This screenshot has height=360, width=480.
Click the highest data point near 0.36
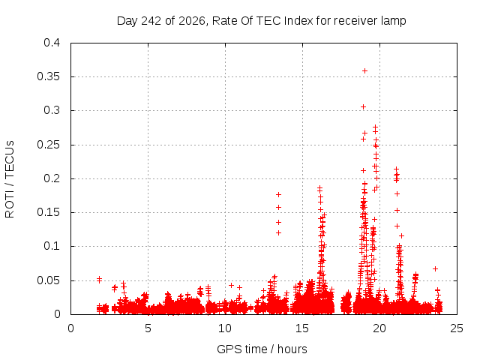point(364,71)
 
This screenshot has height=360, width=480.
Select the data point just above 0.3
point(363,106)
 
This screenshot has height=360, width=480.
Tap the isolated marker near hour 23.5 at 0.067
point(435,268)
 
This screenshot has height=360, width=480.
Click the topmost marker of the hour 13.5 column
point(278,195)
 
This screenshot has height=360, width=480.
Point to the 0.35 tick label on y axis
point(48,76)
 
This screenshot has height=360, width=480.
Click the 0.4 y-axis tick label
point(52,43)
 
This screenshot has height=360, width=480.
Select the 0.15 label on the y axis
point(48,212)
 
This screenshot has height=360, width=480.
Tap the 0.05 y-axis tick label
point(48,280)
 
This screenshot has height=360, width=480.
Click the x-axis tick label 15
point(302,328)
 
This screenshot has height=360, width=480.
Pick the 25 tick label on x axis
point(457,328)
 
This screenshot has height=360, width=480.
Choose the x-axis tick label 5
point(148,328)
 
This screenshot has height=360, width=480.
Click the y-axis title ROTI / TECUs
point(10,179)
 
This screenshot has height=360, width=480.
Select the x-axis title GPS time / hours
point(262,349)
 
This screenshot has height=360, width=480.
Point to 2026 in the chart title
point(192,21)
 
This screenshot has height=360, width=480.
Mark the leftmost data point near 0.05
point(99,279)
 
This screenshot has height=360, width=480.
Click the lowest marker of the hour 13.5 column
point(278,233)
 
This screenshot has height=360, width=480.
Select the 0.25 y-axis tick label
point(48,145)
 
